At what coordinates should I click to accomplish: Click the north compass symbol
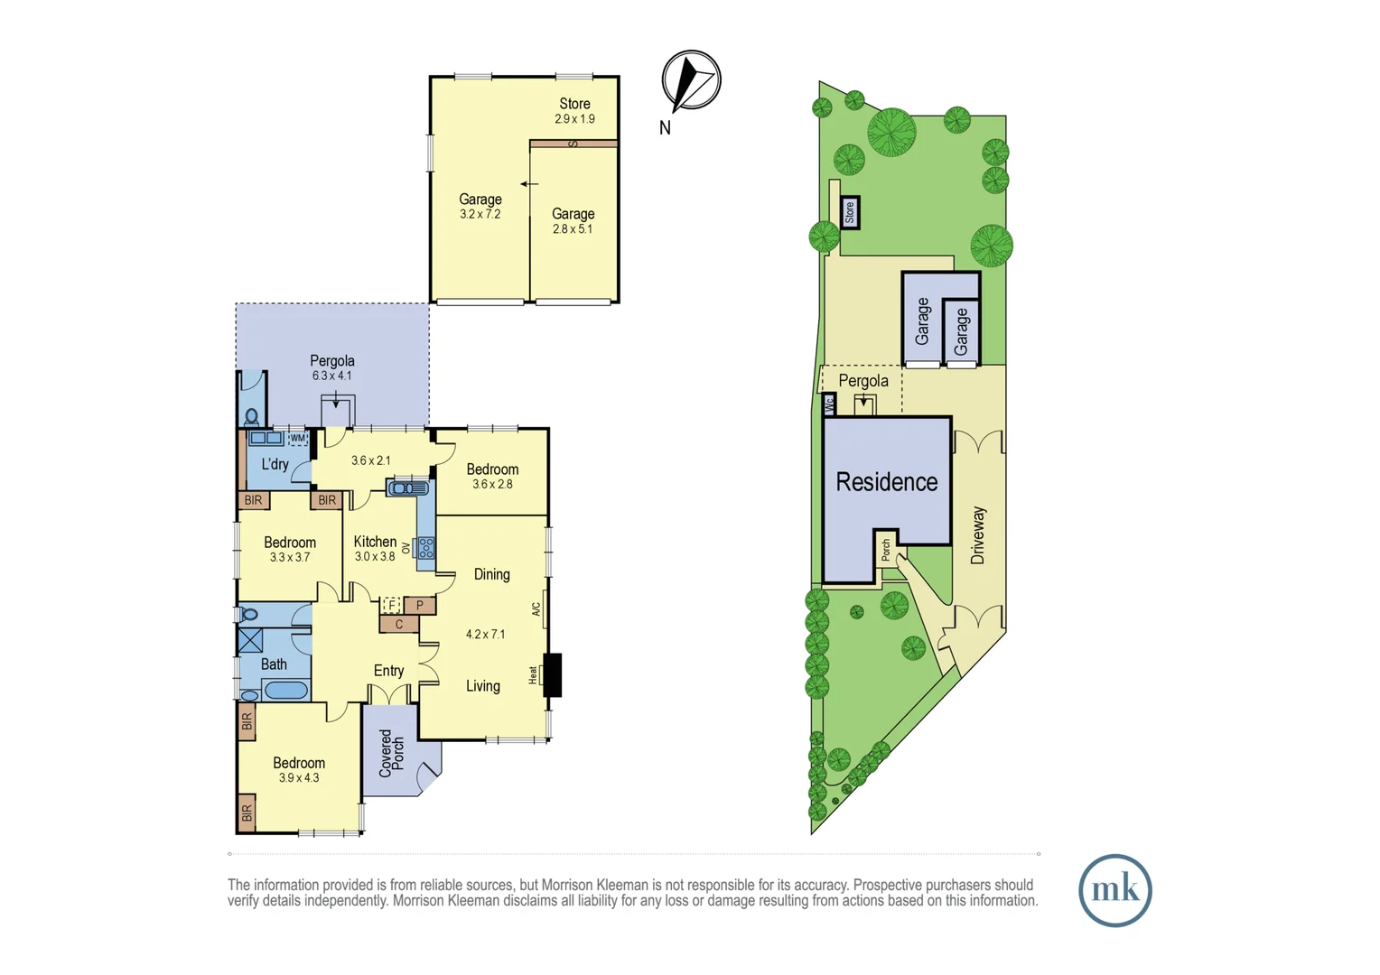[x=691, y=80]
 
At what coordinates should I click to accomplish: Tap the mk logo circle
[x=1114, y=890]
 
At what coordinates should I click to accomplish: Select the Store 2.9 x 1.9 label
[x=574, y=110]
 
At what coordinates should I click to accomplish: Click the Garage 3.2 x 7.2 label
[x=480, y=206]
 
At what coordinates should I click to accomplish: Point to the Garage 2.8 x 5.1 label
[x=573, y=220]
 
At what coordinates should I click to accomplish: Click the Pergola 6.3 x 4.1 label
[x=331, y=367]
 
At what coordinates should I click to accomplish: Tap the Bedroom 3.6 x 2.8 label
[x=492, y=476]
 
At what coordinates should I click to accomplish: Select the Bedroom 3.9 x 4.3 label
[x=299, y=769]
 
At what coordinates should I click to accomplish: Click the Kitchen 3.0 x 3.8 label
[x=375, y=548]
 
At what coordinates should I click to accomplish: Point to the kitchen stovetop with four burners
[x=425, y=547]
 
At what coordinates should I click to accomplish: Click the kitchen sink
[x=408, y=488]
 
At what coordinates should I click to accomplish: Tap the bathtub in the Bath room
[x=286, y=691]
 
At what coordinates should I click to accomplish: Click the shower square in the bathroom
[x=250, y=641]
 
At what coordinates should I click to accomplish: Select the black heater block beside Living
[x=552, y=674]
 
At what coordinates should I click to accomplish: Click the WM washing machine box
[x=298, y=439]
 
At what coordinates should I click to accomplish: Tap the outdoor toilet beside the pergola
[x=252, y=417]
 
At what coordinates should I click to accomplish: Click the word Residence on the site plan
[x=886, y=482]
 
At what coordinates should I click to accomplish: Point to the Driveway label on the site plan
[x=978, y=535]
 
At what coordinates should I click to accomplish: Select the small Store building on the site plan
[x=849, y=213]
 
